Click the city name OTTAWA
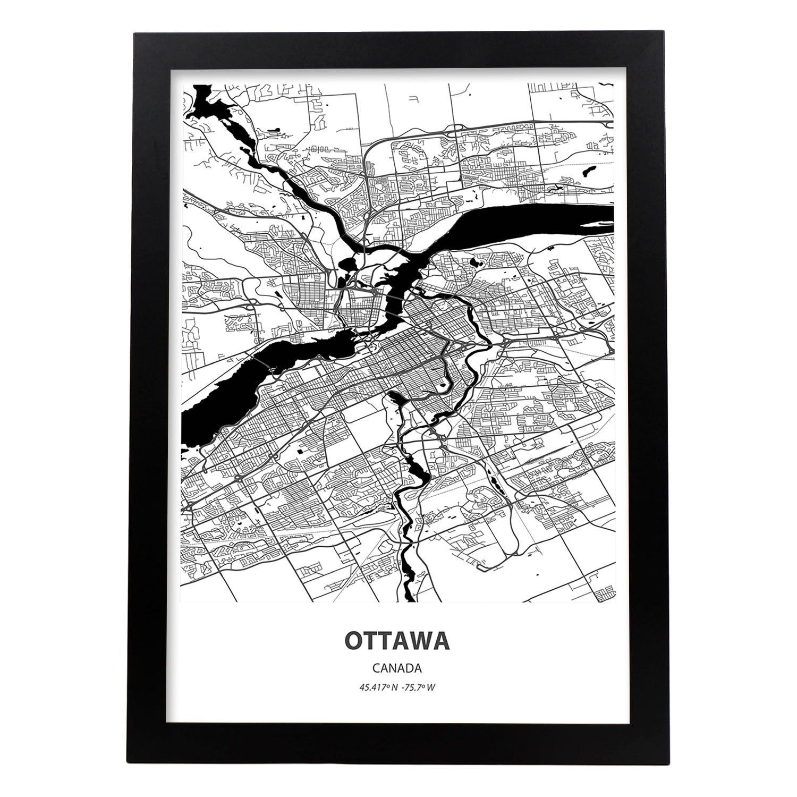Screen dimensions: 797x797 (397, 641)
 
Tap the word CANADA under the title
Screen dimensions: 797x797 (397, 668)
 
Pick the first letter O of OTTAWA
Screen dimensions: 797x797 (354, 641)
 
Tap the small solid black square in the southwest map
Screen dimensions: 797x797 (301, 451)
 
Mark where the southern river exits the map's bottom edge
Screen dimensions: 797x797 (410, 599)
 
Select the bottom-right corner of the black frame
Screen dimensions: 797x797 (663, 764)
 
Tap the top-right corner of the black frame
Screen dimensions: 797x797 (663, 34)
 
